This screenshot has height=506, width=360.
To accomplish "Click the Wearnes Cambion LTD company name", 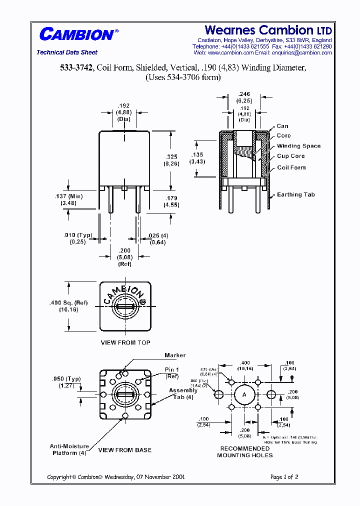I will [x=268, y=30].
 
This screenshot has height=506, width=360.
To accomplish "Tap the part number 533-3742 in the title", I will [x=76, y=68].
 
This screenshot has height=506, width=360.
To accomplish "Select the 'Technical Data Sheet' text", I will [x=67, y=52].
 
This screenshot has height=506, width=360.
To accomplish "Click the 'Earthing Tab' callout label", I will [x=296, y=194].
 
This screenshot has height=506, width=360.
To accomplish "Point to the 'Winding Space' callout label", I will [x=299, y=146].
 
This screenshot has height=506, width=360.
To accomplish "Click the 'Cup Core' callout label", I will [x=291, y=156].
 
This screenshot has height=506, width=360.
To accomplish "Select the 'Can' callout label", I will [x=282, y=126].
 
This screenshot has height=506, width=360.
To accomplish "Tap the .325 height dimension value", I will [x=171, y=156].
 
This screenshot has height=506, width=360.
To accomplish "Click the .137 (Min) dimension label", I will [x=70, y=196].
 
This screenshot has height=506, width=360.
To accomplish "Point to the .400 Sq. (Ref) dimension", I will [x=69, y=302].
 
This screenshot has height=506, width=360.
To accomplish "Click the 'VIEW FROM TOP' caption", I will [x=125, y=342].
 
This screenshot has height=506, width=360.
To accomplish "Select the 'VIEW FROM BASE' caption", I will [x=124, y=450].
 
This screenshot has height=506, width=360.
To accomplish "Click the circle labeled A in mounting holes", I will [x=244, y=394].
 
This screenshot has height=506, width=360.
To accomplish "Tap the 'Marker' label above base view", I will [x=175, y=355].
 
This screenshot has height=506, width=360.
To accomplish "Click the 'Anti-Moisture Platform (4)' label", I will [x=69, y=449].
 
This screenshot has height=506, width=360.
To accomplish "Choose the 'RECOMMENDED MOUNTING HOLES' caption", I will [x=244, y=452].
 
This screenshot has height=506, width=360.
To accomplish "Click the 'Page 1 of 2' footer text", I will [x=284, y=477].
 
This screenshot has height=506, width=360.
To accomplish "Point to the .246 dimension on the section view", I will [x=244, y=93].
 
